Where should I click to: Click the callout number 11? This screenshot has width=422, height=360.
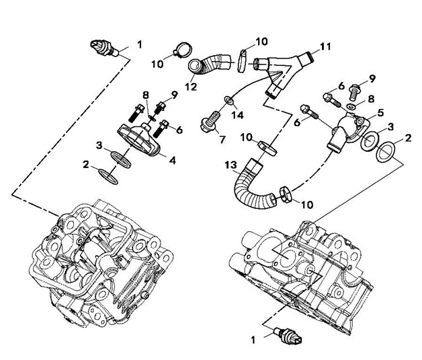(325, 47)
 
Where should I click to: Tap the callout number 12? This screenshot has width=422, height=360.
(191, 87)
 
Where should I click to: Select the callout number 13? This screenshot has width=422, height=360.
(231, 165)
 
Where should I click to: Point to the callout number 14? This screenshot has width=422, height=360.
(238, 115)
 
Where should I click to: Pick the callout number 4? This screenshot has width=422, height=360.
(173, 161)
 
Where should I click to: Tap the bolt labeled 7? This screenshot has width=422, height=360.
(210, 122)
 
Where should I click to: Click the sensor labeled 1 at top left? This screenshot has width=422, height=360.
(105, 48)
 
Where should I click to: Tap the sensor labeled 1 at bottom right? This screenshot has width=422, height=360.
(288, 335)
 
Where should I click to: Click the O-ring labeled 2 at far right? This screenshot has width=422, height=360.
(386, 152)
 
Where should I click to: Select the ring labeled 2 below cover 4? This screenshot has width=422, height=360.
(108, 177)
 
